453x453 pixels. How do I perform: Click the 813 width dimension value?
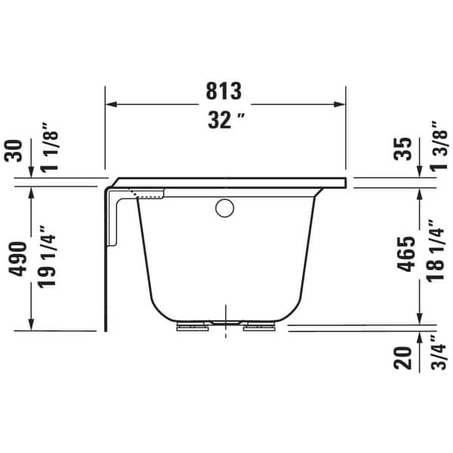point(225,91)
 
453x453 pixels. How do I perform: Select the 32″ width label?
point(225,120)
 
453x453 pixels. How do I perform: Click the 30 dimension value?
point(14,150)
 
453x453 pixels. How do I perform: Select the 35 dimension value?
point(405,149)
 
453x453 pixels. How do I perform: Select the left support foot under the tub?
point(193,327)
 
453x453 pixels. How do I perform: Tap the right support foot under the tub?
point(259,327)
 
